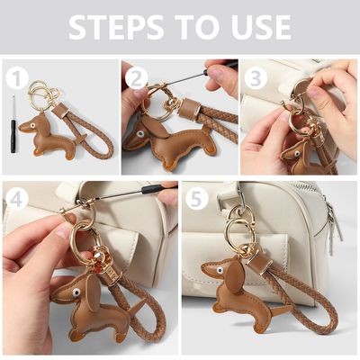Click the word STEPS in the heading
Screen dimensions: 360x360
coord(116,27)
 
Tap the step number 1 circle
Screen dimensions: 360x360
coord(17,78)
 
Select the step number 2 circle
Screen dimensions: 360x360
coord(137,78)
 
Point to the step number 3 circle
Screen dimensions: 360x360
coord(256,78)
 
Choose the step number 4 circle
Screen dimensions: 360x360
coord(17,200)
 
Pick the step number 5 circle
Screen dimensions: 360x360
coord(197,200)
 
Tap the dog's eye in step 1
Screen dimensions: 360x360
coord(32,125)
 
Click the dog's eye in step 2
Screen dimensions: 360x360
coord(139,134)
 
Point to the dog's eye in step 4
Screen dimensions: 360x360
coord(76,292)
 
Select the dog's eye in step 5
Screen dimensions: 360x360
coord(220,270)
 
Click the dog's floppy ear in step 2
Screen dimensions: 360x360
coord(154,127)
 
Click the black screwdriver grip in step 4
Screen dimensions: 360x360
coord(155,189)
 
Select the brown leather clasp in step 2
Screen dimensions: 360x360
coord(190,108)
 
